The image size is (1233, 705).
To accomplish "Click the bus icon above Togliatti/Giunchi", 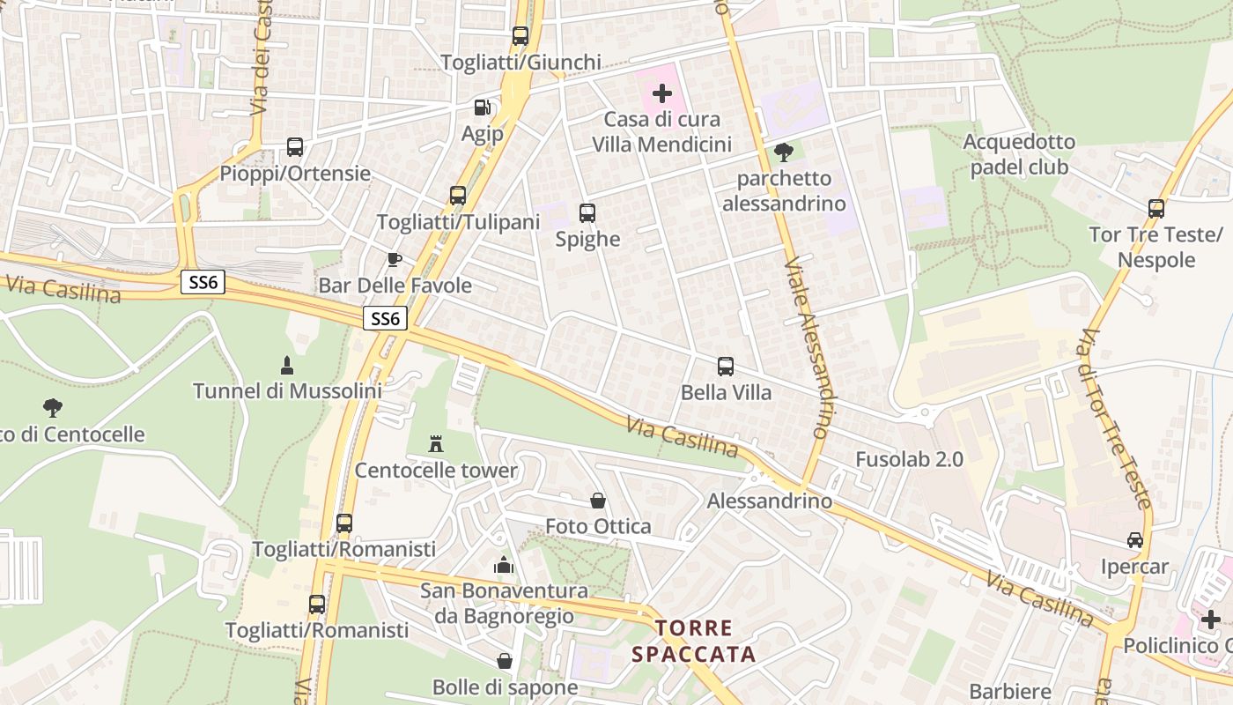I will (521, 36).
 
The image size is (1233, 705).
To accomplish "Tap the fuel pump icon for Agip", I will (483, 108).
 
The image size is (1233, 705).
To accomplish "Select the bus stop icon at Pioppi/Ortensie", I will (295, 147).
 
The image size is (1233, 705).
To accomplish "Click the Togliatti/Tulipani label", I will (457, 222).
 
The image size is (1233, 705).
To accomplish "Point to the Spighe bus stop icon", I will (587, 213).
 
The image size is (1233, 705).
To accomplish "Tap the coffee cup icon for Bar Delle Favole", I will (395, 259).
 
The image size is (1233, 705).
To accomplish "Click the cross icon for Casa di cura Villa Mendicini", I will (661, 93).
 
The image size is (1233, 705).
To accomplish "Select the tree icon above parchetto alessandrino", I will (783, 152).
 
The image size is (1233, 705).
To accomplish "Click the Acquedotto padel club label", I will (1019, 154).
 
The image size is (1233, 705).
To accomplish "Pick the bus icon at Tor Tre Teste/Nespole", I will (1156, 209).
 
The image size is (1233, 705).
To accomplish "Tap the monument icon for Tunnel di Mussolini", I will (286, 365).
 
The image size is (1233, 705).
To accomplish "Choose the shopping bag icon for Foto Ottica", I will (598, 501).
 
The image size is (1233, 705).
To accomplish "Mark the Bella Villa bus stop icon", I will (726, 367).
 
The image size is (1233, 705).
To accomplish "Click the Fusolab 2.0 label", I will (909, 459).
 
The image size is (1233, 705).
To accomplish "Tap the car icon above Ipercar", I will (1134, 540).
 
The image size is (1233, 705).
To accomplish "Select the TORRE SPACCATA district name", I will (694, 641).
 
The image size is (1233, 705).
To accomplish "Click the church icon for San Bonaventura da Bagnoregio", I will (504, 564).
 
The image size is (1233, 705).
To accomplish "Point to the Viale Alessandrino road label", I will (806, 348).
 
